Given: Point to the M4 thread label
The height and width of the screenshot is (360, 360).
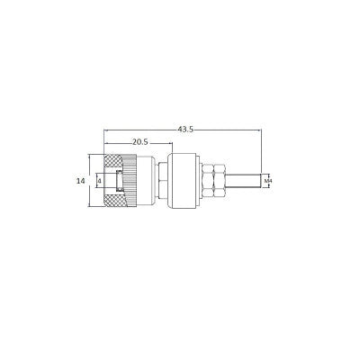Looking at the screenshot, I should (268, 181).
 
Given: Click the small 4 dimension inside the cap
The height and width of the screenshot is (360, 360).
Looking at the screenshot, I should (99, 180).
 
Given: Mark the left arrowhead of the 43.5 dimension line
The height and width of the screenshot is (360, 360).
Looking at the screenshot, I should (107, 134).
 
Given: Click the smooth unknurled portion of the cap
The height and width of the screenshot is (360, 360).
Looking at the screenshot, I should (132, 180).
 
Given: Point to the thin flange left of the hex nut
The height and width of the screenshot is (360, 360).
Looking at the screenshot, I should (199, 180).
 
